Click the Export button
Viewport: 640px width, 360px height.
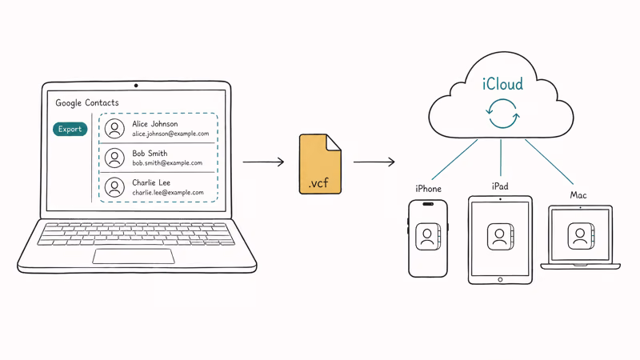coord(70,129)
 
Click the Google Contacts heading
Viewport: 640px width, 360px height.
coord(86,103)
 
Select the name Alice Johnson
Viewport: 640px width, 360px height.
coord(154,124)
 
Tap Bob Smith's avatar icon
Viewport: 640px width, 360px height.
coord(114,158)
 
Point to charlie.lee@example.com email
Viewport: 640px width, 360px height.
coord(168,193)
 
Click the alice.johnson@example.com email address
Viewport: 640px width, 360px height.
coord(171,134)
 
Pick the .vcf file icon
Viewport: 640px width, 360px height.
coord(320,164)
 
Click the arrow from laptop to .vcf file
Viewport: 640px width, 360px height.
coord(263,162)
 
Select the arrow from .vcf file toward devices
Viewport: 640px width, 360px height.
coord(374,162)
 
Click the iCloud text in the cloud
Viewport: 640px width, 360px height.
coord(502,84)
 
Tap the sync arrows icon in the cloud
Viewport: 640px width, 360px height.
coord(503,114)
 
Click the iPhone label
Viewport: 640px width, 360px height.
coord(428,189)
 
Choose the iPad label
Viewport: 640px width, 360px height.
coord(500,186)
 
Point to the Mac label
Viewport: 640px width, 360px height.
coord(578,195)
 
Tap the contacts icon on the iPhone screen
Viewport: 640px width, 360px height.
coord(428,238)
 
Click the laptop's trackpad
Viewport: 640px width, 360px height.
coord(134,256)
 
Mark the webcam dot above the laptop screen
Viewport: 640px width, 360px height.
coord(135,86)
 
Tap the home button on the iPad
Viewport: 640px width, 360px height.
coord(500,279)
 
